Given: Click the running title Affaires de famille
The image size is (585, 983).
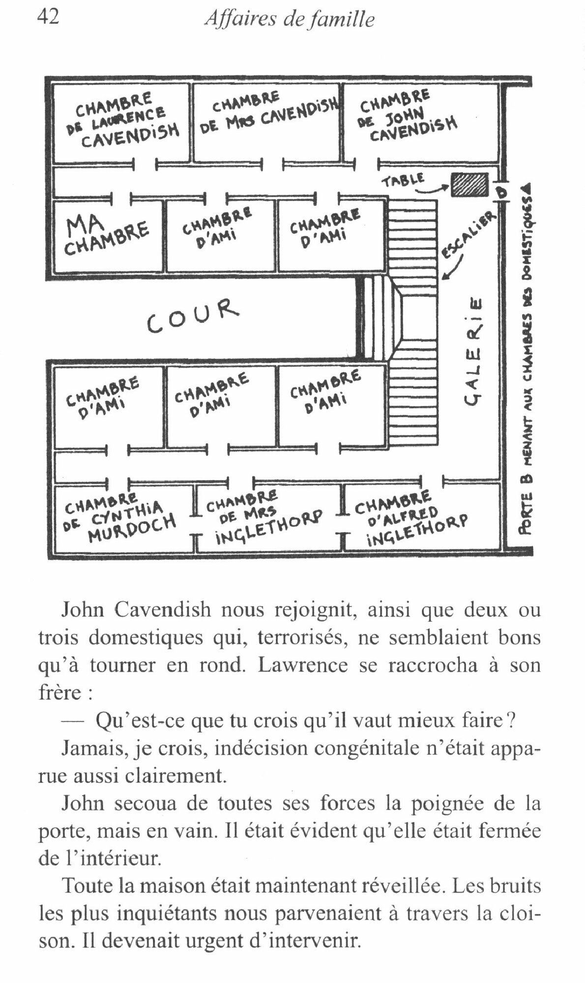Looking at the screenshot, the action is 290,19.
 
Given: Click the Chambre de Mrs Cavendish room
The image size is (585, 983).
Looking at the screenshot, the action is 268,120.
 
